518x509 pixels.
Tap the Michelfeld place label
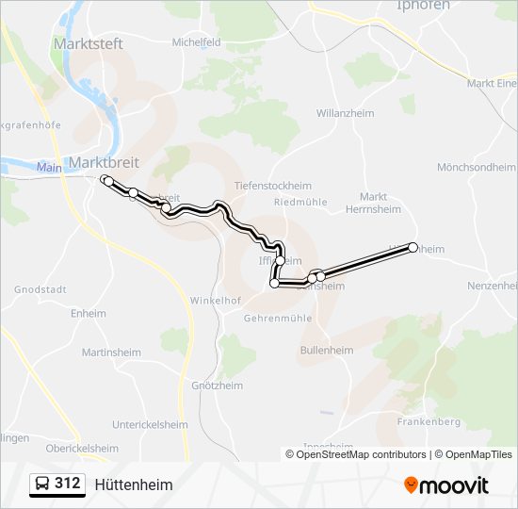196,42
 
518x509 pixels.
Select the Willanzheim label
345,113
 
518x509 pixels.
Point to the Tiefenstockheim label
272,186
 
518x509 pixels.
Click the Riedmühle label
299,202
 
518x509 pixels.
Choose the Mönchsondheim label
477,167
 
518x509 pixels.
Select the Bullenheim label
326,350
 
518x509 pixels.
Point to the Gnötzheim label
217,386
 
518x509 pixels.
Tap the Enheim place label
88,313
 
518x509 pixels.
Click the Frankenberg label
428,421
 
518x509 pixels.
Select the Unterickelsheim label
151,425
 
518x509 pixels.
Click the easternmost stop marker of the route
413,248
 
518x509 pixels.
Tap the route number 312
68,484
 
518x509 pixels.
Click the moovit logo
446,485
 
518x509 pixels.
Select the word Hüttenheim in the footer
134,484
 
